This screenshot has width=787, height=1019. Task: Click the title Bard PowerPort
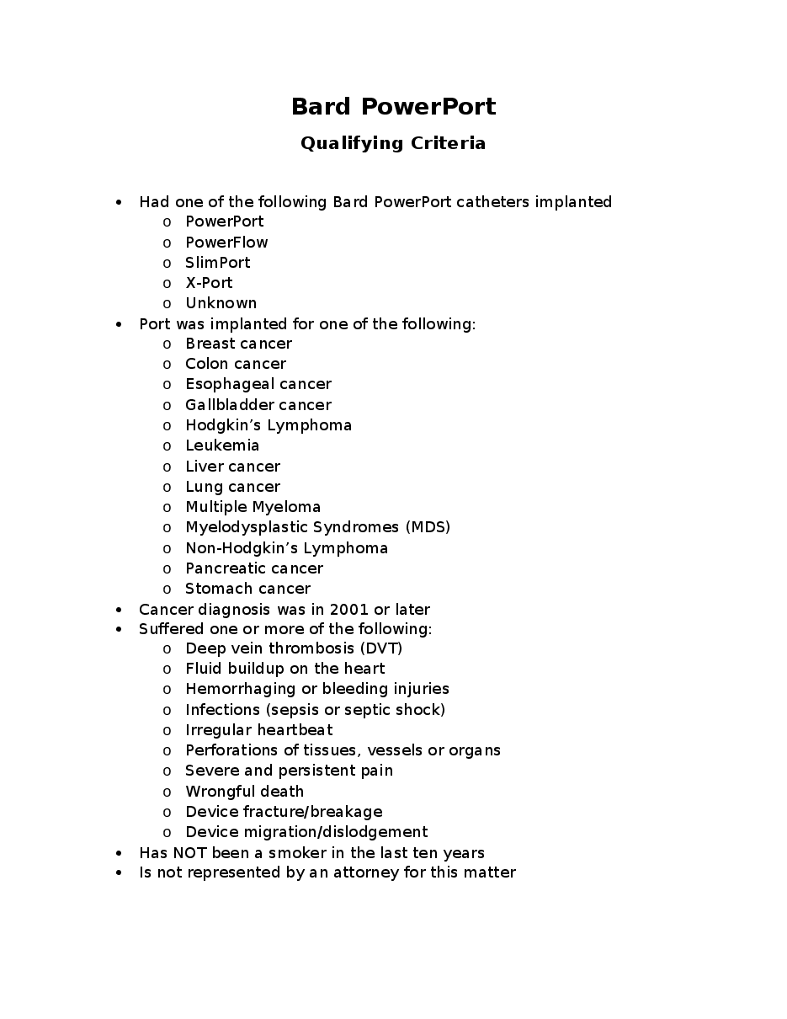tap(393, 107)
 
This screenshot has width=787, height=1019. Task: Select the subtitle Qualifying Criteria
tap(393, 143)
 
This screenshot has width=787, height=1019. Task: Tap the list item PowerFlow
tap(226, 243)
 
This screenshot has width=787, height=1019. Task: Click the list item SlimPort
tap(217, 263)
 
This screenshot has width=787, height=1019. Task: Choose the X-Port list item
tap(209, 283)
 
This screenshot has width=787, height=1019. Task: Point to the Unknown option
tap(221, 303)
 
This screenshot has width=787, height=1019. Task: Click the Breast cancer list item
tap(238, 344)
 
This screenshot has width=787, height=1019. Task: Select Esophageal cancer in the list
tap(258, 384)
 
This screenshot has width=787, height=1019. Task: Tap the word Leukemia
tap(222, 445)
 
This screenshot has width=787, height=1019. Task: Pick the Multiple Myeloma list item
tap(253, 507)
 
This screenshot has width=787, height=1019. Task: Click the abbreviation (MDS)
tap(428, 527)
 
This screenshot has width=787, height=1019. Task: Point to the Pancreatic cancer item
tap(254, 568)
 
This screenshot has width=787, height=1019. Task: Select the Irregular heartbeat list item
tap(258, 730)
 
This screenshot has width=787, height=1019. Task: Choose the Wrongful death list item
tap(244, 792)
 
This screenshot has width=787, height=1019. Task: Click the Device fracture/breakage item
tap(284, 812)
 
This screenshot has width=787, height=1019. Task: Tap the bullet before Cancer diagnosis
tap(120, 610)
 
